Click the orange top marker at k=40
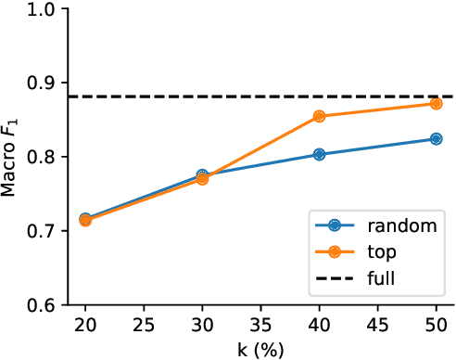pyautogui.click(x=319, y=116)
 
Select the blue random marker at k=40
pyautogui.click(x=319, y=154)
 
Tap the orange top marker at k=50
pyautogui.click(x=436, y=103)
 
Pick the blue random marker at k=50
pyautogui.click(x=436, y=139)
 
